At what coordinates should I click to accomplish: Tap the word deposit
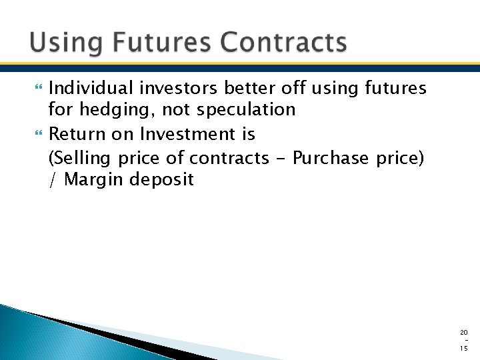click(x=164, y=179)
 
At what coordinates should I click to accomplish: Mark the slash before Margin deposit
click(x=53, y=179)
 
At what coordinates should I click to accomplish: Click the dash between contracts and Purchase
click(x=278, y=159)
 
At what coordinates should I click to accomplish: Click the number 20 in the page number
click(x=464, y=332)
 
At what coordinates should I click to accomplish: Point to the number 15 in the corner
click(x=464, y=348)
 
